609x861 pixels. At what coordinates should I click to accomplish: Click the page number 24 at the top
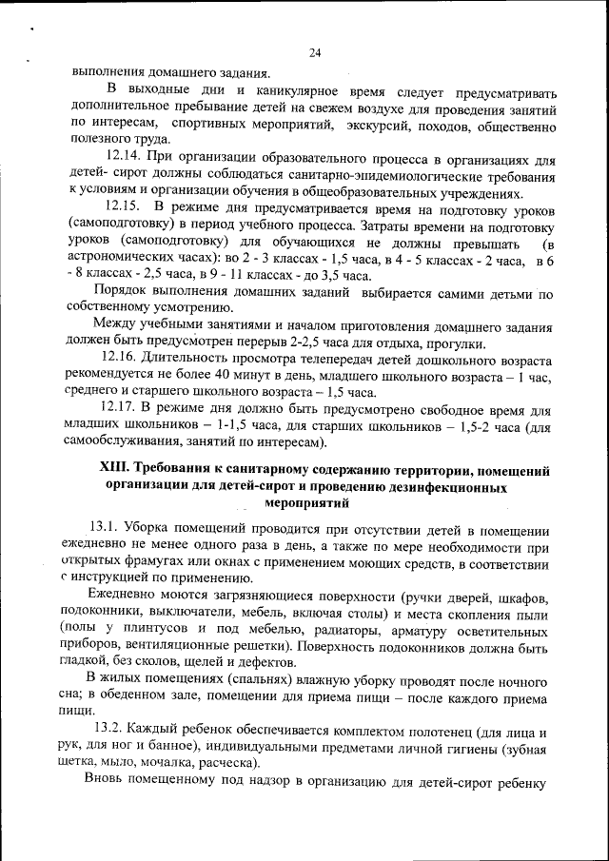(315, 52)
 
